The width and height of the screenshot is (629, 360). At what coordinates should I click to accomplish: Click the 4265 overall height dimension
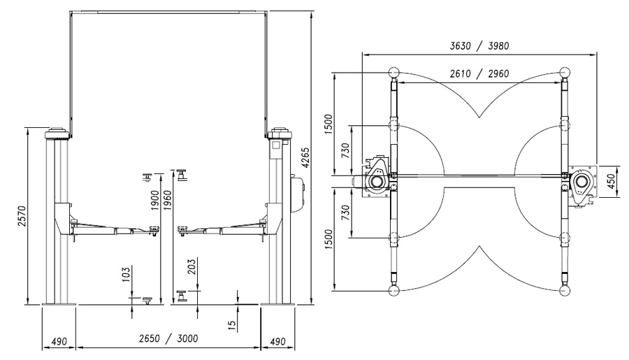(x=305, y=157)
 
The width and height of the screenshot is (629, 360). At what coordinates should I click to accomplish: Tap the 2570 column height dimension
(x=22, y=216)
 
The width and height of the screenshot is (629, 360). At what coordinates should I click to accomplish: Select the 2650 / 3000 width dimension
(x=168, y=338)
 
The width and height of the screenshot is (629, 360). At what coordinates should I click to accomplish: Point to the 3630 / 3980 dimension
(x=479, y=45)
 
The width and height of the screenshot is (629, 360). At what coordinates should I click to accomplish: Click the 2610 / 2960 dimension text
(x=479, y=74)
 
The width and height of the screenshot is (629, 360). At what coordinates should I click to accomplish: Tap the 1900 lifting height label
(x=155, y=200)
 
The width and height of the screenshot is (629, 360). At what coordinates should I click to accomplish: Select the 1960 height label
(x=167, y=200)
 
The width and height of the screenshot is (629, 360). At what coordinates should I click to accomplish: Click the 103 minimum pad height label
(x=126, y=275)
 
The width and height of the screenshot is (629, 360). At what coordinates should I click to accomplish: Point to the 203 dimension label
(x=191, y=266)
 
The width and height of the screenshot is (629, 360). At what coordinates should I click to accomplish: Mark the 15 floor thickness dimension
(x=232, y=324)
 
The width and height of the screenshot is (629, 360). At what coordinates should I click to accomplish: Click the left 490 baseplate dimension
(x=59, y=342)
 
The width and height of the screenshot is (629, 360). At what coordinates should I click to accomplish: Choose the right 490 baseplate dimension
(x=277, y=342)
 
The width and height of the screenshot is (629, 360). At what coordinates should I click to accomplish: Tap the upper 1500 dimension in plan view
(x=328, y=124)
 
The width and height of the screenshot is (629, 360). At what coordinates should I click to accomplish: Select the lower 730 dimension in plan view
(x=345, y=213)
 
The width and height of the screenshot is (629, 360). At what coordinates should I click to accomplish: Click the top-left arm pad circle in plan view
(x=394, y=73)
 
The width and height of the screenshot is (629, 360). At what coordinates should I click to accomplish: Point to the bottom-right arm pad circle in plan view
(x=565, y=290)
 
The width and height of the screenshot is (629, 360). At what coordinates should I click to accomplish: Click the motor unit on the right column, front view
(x=297, y=193)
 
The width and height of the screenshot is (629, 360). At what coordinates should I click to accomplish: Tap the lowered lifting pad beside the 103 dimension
(x=147, y=300)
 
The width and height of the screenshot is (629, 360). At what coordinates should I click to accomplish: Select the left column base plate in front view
(x=59, y=305)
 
